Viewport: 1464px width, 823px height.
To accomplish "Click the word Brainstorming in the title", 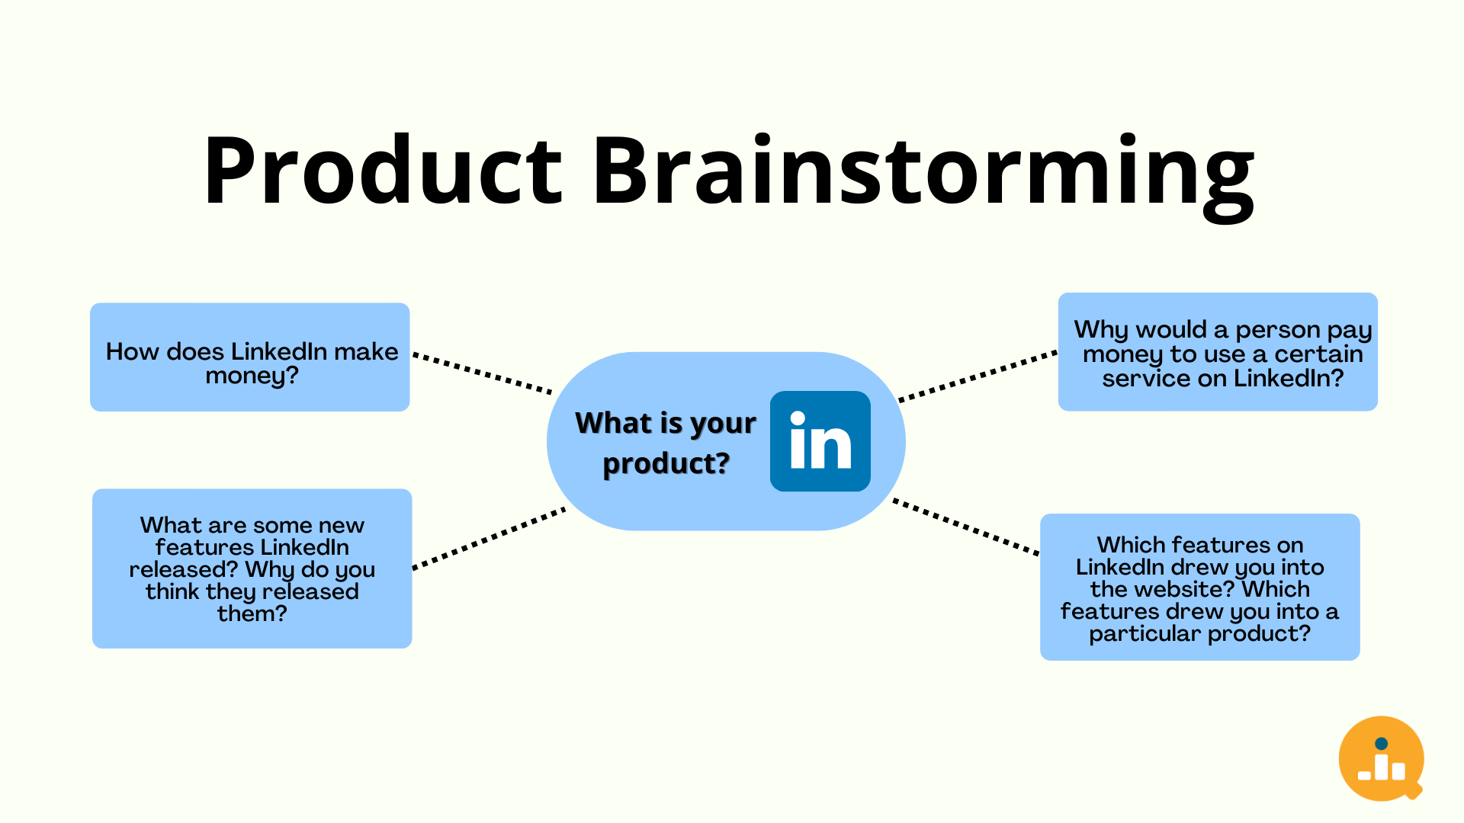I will (x=923, y=171).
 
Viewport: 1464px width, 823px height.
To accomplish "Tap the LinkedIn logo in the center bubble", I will (x=820, y=441).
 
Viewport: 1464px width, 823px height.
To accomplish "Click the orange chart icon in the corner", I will (x=1381, y=758).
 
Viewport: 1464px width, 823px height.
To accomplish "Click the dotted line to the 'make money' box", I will (x=482, y=373).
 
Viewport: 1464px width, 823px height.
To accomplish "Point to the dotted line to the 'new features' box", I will (x=489, y=538).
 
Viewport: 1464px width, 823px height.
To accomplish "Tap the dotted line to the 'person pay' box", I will (x=978, y=376).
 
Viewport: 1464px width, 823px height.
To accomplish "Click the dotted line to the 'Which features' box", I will (x=966, y=527).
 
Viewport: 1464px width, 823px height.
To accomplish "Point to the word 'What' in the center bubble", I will (x=614, y=423).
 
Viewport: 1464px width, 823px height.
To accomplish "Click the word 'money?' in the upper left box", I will (x=252, y=376).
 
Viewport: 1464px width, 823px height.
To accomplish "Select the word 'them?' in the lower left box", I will (x=252, y=613).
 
